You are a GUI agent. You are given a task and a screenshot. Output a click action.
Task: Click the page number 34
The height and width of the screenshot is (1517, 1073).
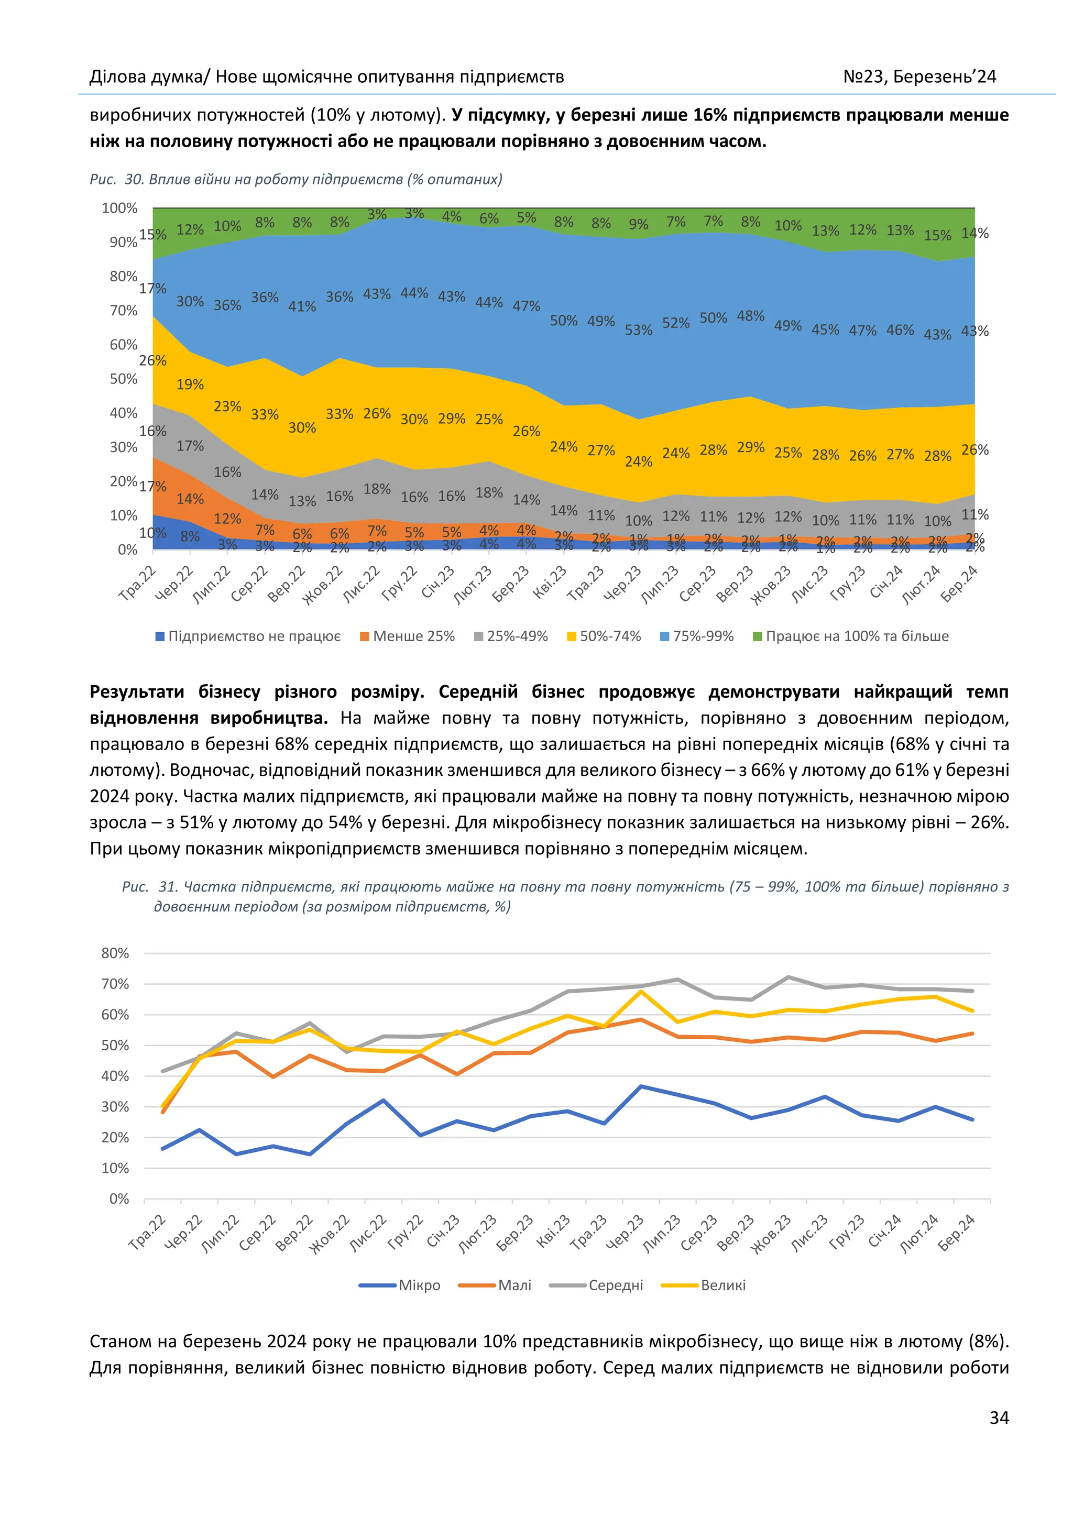[998, 1417]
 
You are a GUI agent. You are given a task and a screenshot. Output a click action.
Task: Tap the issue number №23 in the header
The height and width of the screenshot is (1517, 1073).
[863, 78]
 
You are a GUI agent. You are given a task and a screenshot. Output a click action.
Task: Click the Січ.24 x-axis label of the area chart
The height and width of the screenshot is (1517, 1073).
[886, 581]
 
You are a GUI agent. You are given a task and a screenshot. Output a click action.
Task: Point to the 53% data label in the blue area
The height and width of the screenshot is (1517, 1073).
[638, 329]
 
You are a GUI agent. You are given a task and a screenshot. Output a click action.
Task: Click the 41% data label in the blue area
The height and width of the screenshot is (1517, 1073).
[302, 306]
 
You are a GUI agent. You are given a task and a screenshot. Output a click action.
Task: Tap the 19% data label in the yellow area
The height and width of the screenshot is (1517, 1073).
[190, 384]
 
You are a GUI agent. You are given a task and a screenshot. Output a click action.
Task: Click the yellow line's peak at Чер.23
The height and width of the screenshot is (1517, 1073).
[641, 991]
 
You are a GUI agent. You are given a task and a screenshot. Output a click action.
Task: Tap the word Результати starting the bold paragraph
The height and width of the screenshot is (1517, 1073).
[137, 692]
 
